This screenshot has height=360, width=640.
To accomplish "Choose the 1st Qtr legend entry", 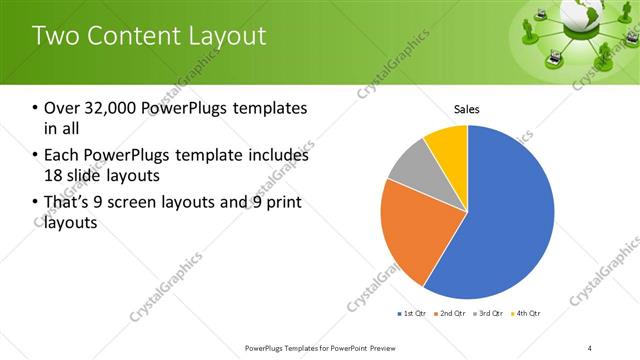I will coord(413,314).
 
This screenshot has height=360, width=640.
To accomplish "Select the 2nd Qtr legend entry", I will coord(452,314).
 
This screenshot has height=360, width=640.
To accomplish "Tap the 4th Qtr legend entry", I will coord(528,314).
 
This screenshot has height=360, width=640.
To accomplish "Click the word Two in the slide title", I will coord(55,35).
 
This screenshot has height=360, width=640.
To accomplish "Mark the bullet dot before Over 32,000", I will coord(36,108).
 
